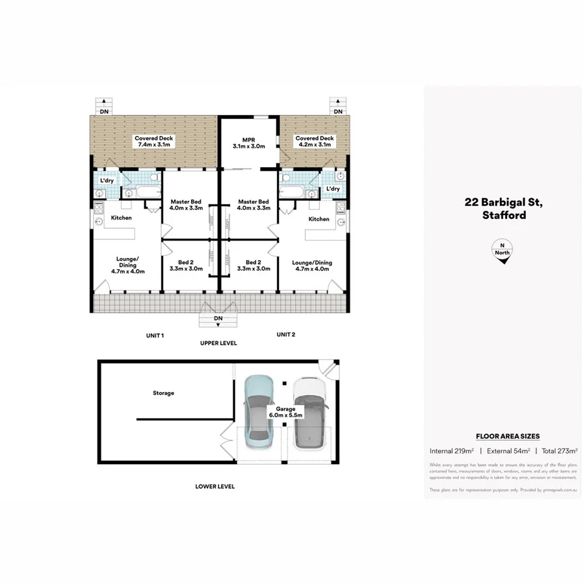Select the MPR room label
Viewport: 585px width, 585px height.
tap(249, 142)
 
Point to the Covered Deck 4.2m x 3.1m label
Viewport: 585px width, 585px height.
tap(315, 142)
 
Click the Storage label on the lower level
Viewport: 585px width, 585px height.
tap(163, 393)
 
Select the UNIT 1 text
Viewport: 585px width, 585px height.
tap(154, 335)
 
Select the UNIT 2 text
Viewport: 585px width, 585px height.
tap(285, 335)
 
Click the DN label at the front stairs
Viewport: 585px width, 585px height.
tap(218, 318)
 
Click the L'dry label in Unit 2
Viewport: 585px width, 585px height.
tap(333, 189)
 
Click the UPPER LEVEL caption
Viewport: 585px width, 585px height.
tap(218, 343)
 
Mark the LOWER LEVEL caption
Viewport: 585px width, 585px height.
tap(215, 486)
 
